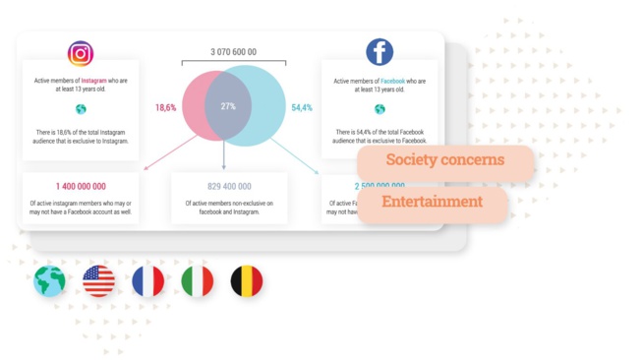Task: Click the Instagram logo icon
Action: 81,54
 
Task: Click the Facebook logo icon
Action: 380,52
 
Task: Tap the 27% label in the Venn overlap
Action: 227,106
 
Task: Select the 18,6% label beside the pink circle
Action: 165,107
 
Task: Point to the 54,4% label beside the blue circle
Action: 302,107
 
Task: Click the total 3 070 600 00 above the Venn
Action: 233,52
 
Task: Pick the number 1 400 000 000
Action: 81,186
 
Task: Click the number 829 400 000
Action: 229,186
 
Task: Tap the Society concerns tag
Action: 444,160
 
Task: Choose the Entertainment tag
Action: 433,202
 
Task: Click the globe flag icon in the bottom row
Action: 49,282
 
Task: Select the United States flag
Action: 98,282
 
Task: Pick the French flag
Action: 147,282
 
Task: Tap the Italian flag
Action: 197,282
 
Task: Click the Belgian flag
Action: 246,282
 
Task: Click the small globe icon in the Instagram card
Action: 81,109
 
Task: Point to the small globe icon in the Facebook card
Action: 380,109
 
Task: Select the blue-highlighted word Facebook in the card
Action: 393,81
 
